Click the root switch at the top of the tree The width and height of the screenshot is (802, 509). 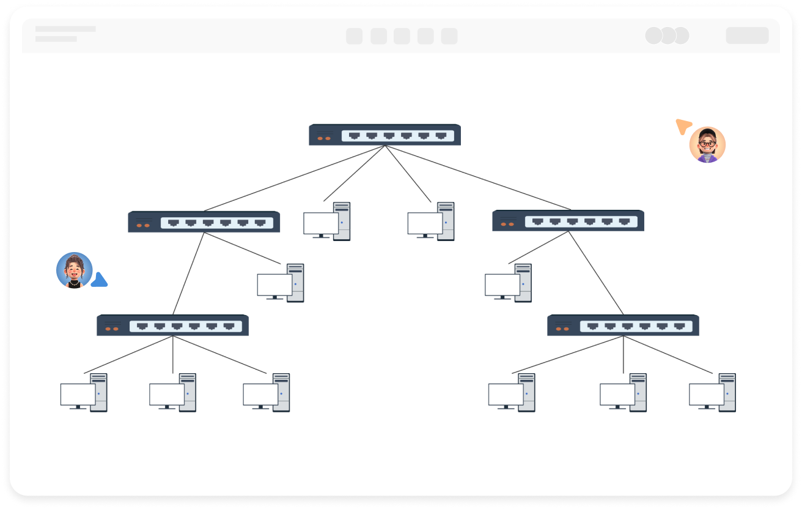point(384,135)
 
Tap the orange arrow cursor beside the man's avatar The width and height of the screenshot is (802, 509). point(683,126)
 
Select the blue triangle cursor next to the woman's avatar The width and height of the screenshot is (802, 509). point(100,281)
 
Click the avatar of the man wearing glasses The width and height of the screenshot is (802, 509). point(707,145)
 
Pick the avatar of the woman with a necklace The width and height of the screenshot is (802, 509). point(74,270)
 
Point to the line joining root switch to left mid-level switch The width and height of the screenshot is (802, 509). point(293,178)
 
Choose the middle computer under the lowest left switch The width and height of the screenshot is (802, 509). point(173,393)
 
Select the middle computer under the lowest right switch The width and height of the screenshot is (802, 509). point(624,393)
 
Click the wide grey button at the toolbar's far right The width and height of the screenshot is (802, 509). point(747,35)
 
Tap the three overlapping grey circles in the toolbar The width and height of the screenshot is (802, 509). point(667,35)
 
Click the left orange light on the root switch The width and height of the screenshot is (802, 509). point(320,138)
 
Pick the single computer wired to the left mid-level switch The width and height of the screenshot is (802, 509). point(281,283)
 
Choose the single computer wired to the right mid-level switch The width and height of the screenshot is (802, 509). point(509,283)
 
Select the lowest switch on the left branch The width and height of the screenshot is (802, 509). point(172,325)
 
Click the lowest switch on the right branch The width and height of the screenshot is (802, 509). point(623,325)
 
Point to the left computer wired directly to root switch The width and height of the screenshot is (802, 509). point(327,221)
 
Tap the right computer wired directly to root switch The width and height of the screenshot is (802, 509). point(431,221)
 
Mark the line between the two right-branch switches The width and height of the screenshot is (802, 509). point(596,273)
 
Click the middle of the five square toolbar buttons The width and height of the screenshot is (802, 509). point(402,36)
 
